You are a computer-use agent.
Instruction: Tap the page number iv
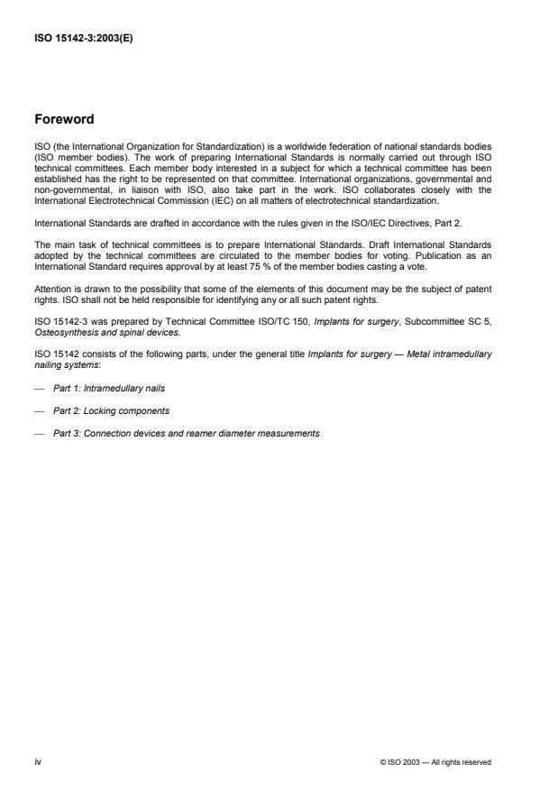point(37,762)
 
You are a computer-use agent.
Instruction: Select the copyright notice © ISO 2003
point(436,763)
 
